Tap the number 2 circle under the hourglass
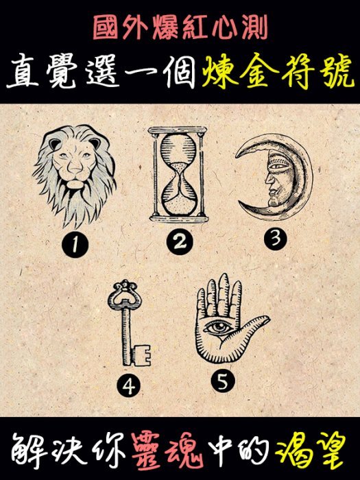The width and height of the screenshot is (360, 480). tap(180, 242)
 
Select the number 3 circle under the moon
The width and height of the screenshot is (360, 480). tap(276, 238)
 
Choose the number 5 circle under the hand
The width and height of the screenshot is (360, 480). tap(223, 381)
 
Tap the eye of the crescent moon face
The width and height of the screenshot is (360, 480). tap(278, 167)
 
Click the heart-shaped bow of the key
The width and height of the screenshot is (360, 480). tap(125, 293)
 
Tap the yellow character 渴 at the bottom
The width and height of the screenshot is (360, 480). tap(293, 453)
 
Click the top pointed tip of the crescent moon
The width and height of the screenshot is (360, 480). tap(236, 157)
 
